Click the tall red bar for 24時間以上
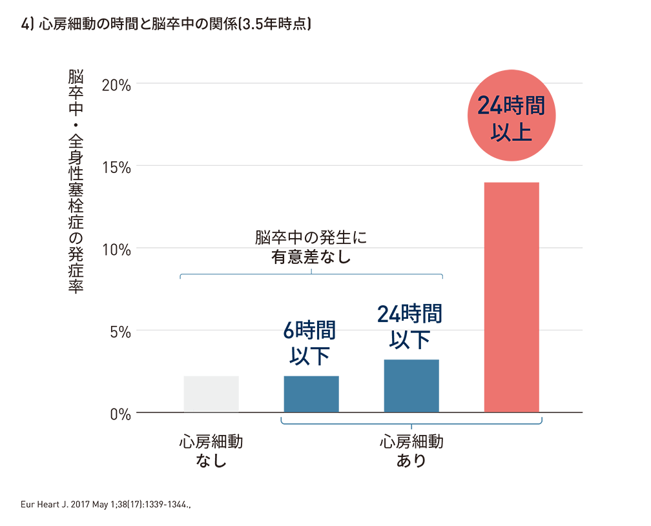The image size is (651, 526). point(512,297)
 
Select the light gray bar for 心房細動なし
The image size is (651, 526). point(211,394)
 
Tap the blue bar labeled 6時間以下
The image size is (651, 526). point(311,394)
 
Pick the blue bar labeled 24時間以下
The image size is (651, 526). point(411,385)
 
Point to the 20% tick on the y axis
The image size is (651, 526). point(116,84)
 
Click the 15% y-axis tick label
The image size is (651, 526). point(116,167)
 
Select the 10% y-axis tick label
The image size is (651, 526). point(116,248)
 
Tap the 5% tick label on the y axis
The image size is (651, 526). point(119,331)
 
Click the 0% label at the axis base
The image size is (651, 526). point(119,414)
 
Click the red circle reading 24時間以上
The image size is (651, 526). point(511,116)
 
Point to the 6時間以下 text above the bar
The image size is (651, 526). point(310,343)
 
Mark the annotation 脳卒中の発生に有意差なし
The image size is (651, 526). point(311,247)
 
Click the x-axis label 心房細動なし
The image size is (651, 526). point(211,452)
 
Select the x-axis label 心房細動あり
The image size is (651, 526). point(411,452)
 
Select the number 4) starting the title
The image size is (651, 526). point(27,25)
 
